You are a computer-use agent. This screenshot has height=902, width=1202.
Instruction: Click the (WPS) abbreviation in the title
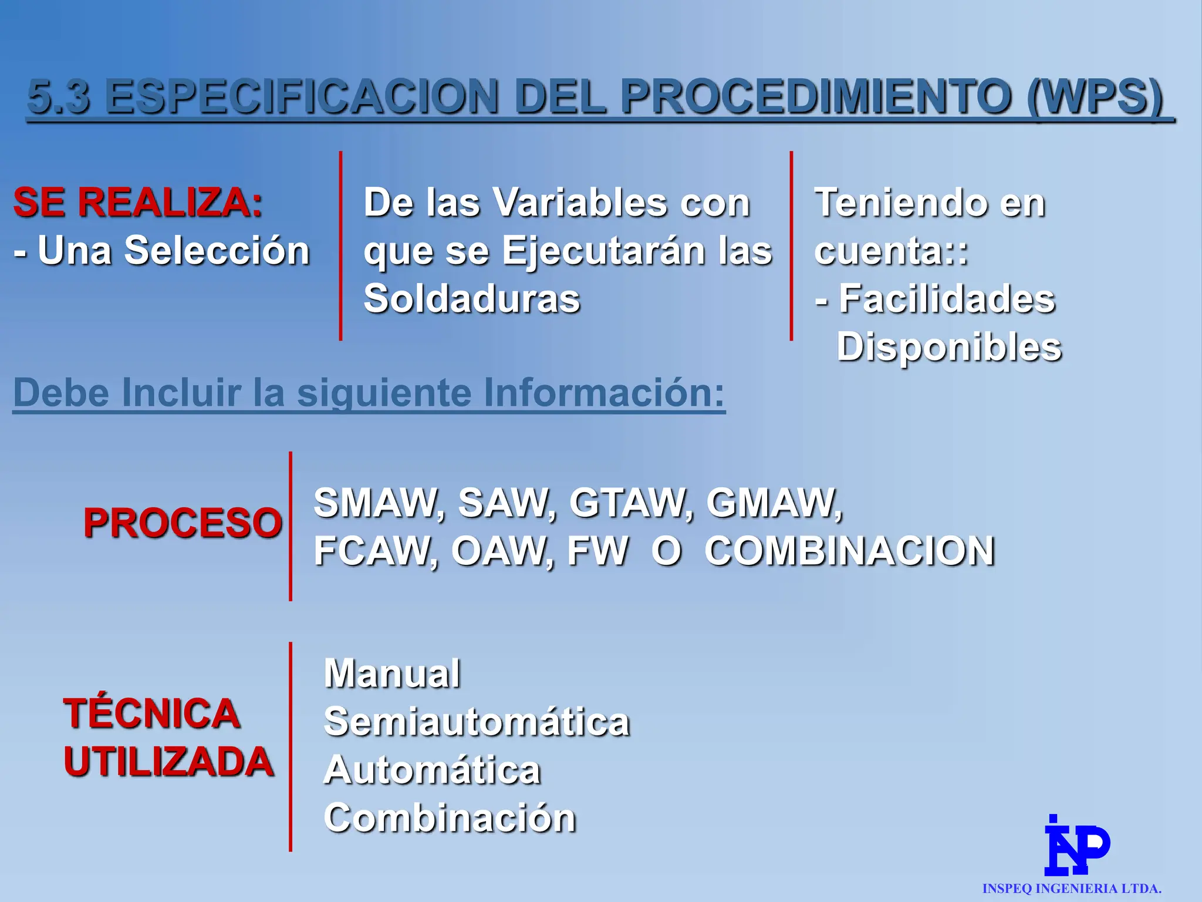(1095, 97)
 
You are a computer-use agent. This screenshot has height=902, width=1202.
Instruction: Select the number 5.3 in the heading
(59, 97)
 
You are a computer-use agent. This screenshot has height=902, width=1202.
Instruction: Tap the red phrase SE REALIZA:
(138, 203)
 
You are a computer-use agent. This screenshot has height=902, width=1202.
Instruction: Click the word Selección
(217, 251)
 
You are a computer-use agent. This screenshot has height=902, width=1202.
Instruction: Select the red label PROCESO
(183, 523)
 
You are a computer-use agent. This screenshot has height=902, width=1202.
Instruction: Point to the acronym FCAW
(376, 551)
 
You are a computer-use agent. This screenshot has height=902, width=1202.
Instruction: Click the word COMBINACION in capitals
(849, 551)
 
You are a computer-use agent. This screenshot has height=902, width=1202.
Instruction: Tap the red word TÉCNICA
(151, 713)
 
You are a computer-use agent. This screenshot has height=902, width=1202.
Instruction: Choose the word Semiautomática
(477, 722)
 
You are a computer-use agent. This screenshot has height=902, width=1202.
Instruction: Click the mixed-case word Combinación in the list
(450, 818)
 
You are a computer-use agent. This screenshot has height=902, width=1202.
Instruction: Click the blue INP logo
(1076, 846)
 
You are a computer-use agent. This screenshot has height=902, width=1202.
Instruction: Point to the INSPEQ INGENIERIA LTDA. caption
(1072, 888)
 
